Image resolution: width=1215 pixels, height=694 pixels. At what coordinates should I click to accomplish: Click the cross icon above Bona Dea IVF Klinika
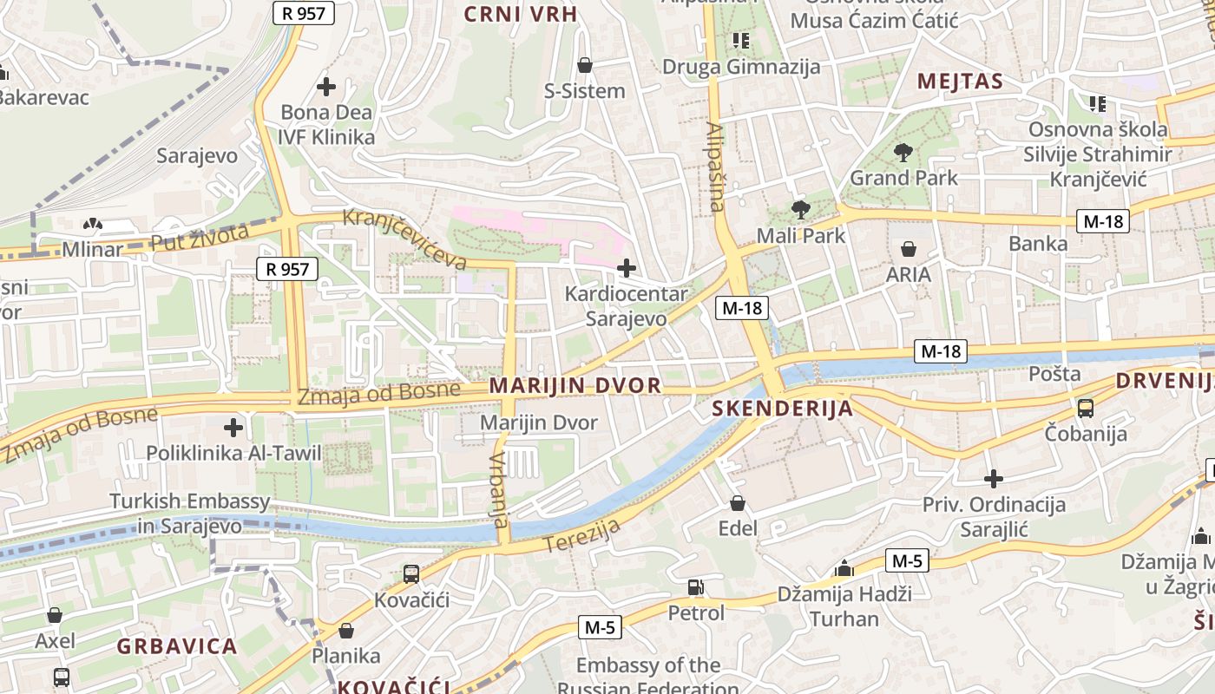[x=326, y=87]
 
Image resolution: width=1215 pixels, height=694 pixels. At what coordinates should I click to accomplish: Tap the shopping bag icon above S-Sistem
[x=585, y=65]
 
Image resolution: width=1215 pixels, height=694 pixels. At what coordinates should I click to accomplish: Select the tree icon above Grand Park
[x=903, y=153]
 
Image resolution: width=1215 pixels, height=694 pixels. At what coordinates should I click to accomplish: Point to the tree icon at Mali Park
[x=799, y=209]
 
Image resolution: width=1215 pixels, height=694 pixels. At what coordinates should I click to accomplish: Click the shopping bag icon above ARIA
[x=909, y=250]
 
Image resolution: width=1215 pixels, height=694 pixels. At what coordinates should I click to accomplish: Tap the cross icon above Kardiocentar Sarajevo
[x=626, y=268]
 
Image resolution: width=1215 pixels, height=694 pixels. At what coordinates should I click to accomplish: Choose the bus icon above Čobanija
[x=1085, y=408]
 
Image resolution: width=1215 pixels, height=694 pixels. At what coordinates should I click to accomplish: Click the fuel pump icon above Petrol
[x=695, y=587]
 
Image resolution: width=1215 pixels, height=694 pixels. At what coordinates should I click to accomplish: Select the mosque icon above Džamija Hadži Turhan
[x=844, y=568]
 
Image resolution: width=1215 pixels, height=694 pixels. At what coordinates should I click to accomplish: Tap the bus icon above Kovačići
[x=410, y=573]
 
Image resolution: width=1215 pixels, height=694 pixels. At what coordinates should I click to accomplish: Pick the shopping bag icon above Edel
[x=738, y=503]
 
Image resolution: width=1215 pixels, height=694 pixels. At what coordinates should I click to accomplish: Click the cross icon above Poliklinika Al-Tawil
[x=233, y=428]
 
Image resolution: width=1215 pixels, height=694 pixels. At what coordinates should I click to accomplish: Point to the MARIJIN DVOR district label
[x=575, y=385]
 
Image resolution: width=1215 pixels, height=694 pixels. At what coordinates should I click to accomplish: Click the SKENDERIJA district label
[x=783, y=409]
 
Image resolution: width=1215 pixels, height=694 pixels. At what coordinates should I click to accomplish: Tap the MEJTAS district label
[x=960, y=82]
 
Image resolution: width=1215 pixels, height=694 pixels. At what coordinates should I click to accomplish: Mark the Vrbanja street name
[x=498, y=490]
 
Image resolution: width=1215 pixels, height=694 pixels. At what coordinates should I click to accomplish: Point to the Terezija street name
[x=583, y=535]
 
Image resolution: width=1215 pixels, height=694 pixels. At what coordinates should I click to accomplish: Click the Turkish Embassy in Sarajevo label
[x=189, y=514]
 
